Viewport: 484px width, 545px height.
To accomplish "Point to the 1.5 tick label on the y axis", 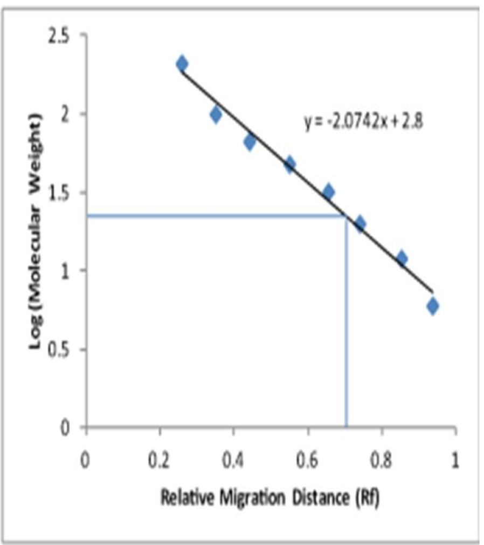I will tap(68, 193).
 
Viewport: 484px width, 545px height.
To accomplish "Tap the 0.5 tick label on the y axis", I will tap(68, 350).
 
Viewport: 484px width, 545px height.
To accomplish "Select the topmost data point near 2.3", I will tap(182, 64).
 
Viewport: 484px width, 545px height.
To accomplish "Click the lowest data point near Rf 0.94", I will tap(432, 306).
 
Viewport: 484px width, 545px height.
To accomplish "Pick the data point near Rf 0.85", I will tap(402, 258).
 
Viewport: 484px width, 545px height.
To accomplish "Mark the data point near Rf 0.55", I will tap(290, 164).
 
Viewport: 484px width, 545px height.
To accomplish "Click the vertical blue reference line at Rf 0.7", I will tap(346, 324).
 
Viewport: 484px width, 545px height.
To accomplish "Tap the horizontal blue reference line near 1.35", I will tap(216, 216).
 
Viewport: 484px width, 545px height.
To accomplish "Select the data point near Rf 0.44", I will tap(250, 142).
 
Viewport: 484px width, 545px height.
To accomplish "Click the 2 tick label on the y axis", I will tap(75, 114).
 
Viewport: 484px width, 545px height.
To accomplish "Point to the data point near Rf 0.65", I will tap(328, 192).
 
